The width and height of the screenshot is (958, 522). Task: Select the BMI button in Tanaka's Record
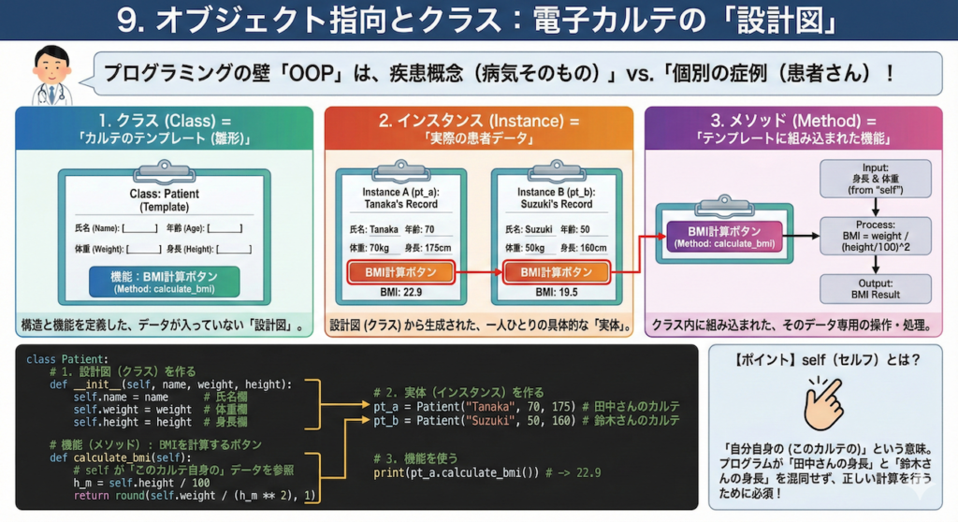tap(401, 272)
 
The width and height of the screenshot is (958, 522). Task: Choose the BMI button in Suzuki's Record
tap(557, 272)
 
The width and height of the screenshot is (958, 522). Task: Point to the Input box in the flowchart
tap(875, 177)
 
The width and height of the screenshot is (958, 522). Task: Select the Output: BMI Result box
tap(875, 287)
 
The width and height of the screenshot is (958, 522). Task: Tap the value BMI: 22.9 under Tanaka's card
tap(401, 293)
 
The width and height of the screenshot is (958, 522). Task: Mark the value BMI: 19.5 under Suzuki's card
tap(557, 293)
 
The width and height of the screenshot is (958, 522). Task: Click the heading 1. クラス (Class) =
tap(165, 121)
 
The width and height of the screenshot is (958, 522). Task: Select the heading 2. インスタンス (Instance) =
tap(479, 121)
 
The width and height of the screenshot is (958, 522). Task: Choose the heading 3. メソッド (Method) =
tap(793, 121)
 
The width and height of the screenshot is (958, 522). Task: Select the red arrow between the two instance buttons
tap(478, 272)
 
